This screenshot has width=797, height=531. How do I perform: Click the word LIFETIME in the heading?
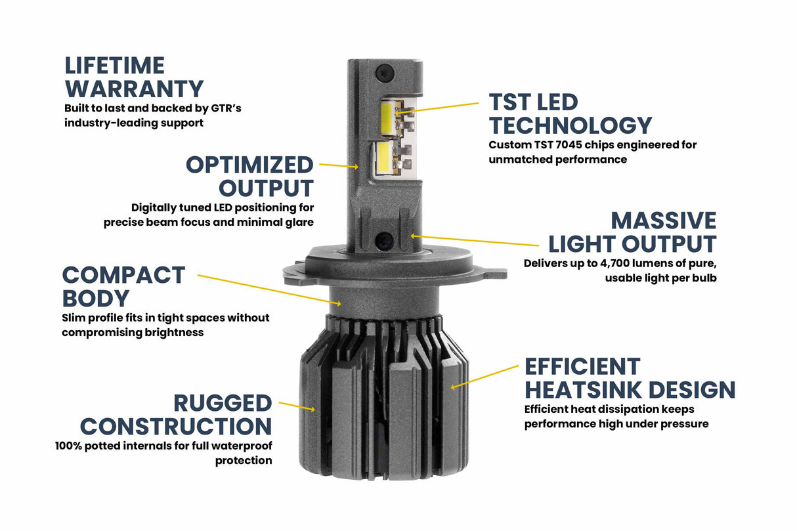point(114,66)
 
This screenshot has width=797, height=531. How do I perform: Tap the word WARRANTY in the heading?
point(134,89)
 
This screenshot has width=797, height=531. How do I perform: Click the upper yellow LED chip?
point(385,118)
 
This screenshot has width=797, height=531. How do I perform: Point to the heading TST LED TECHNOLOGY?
point(570,114)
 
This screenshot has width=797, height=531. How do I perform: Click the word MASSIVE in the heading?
point(663,221)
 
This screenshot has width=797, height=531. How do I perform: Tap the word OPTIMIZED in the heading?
point(249,164)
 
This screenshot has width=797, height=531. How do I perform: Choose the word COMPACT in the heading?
point(123,275)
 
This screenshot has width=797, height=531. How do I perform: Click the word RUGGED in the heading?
point(223,403)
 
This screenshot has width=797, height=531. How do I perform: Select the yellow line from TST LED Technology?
point(438,108)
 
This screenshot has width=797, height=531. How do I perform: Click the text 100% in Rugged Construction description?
point(69,446)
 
